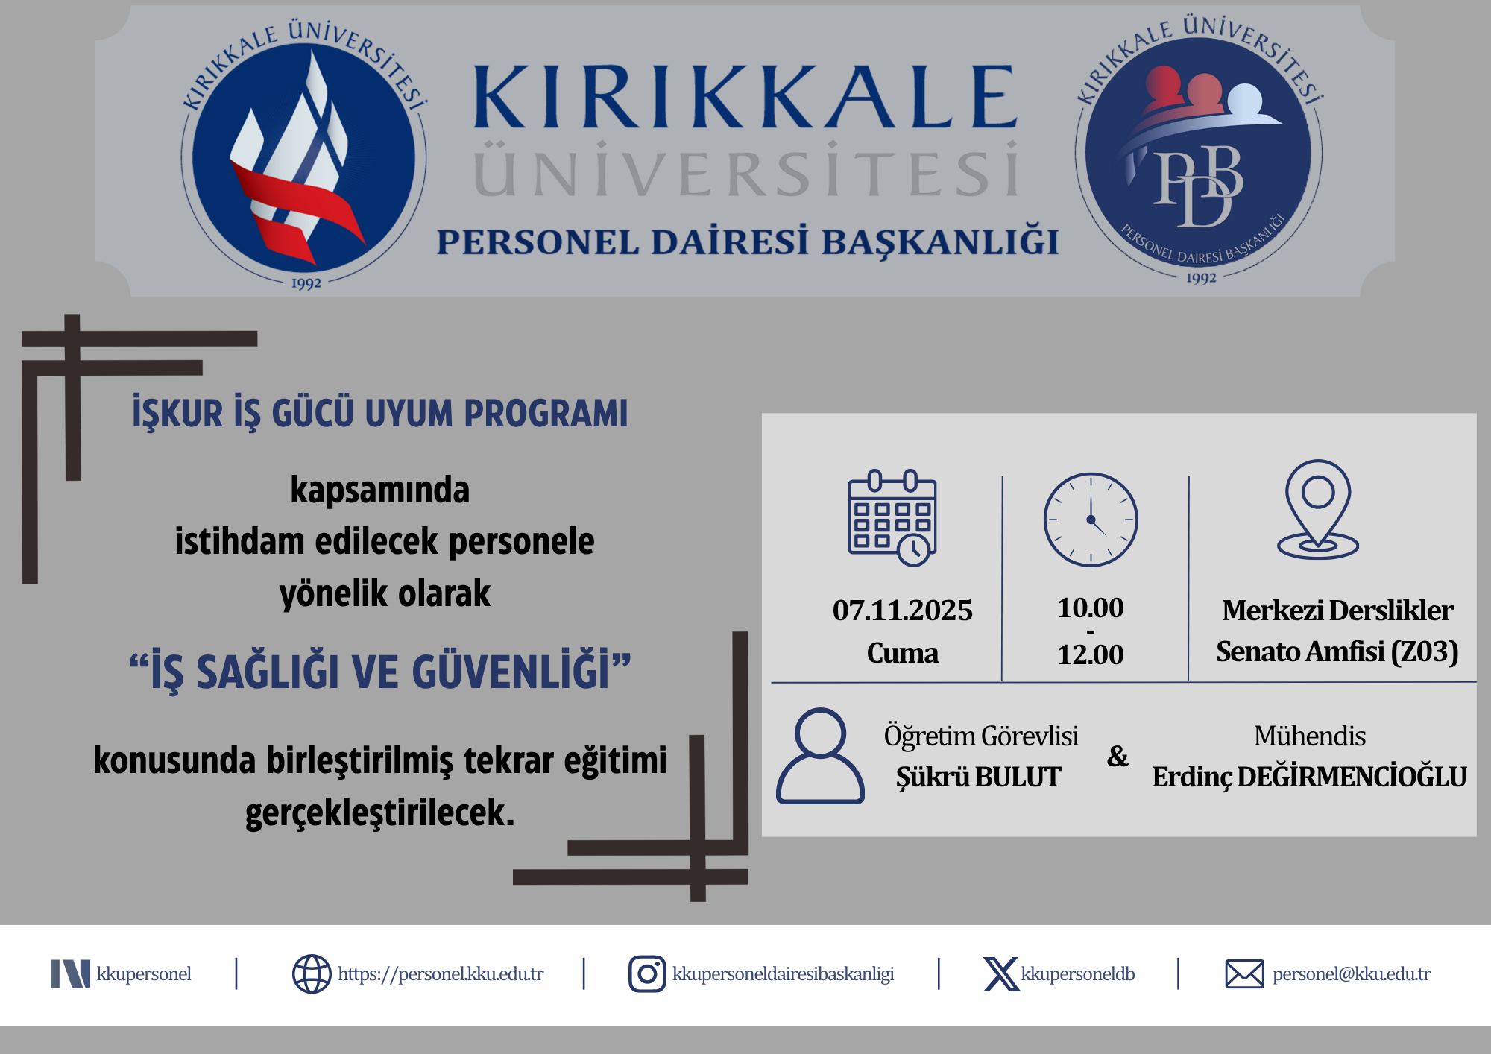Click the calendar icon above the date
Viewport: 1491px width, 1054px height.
[892, 517]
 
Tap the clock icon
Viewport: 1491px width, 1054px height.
[1091, 520]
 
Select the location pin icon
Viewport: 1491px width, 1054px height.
[1318, 509]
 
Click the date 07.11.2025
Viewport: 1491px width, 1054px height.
[903, 610]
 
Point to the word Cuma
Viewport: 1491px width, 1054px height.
[902, 653]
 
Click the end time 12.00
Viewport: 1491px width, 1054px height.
[1090, 654]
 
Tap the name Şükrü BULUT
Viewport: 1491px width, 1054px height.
[978, 777]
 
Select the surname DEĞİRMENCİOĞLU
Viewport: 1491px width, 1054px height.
[1352, 777]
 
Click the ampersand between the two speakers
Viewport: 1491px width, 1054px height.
[1118, 757]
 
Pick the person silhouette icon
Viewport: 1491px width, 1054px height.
[820, 755]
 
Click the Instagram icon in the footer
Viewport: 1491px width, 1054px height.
[647, 973]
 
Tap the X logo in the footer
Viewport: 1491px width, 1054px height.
[1001, 974]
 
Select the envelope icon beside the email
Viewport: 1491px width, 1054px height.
[1244, 974]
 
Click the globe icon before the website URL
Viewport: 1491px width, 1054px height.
[312, 973]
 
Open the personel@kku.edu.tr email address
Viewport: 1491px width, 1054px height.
[1352, 974]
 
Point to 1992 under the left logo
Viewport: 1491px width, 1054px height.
[306, 284]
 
